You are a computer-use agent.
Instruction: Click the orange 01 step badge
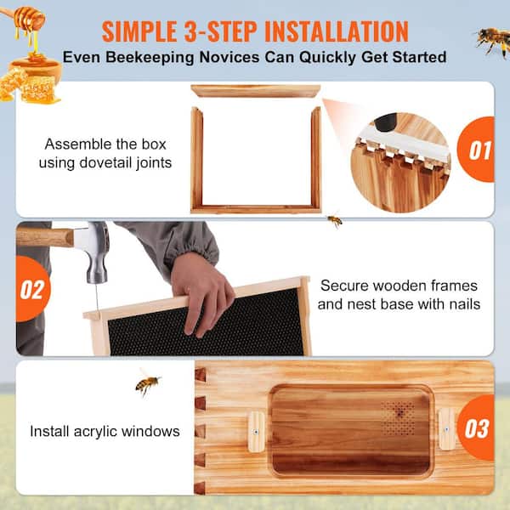(x=479, y=150)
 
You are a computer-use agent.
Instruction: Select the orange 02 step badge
(x=31, y=290)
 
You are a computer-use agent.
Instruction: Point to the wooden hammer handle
(x=42, y=236)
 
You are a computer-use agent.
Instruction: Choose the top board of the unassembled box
(x=256, y=91)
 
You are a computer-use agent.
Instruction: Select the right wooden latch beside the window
(x=446, y=428)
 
